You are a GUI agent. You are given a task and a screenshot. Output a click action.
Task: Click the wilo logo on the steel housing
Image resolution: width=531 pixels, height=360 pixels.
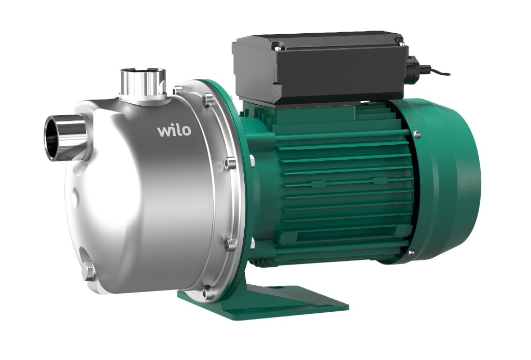(x=174, y=131)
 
